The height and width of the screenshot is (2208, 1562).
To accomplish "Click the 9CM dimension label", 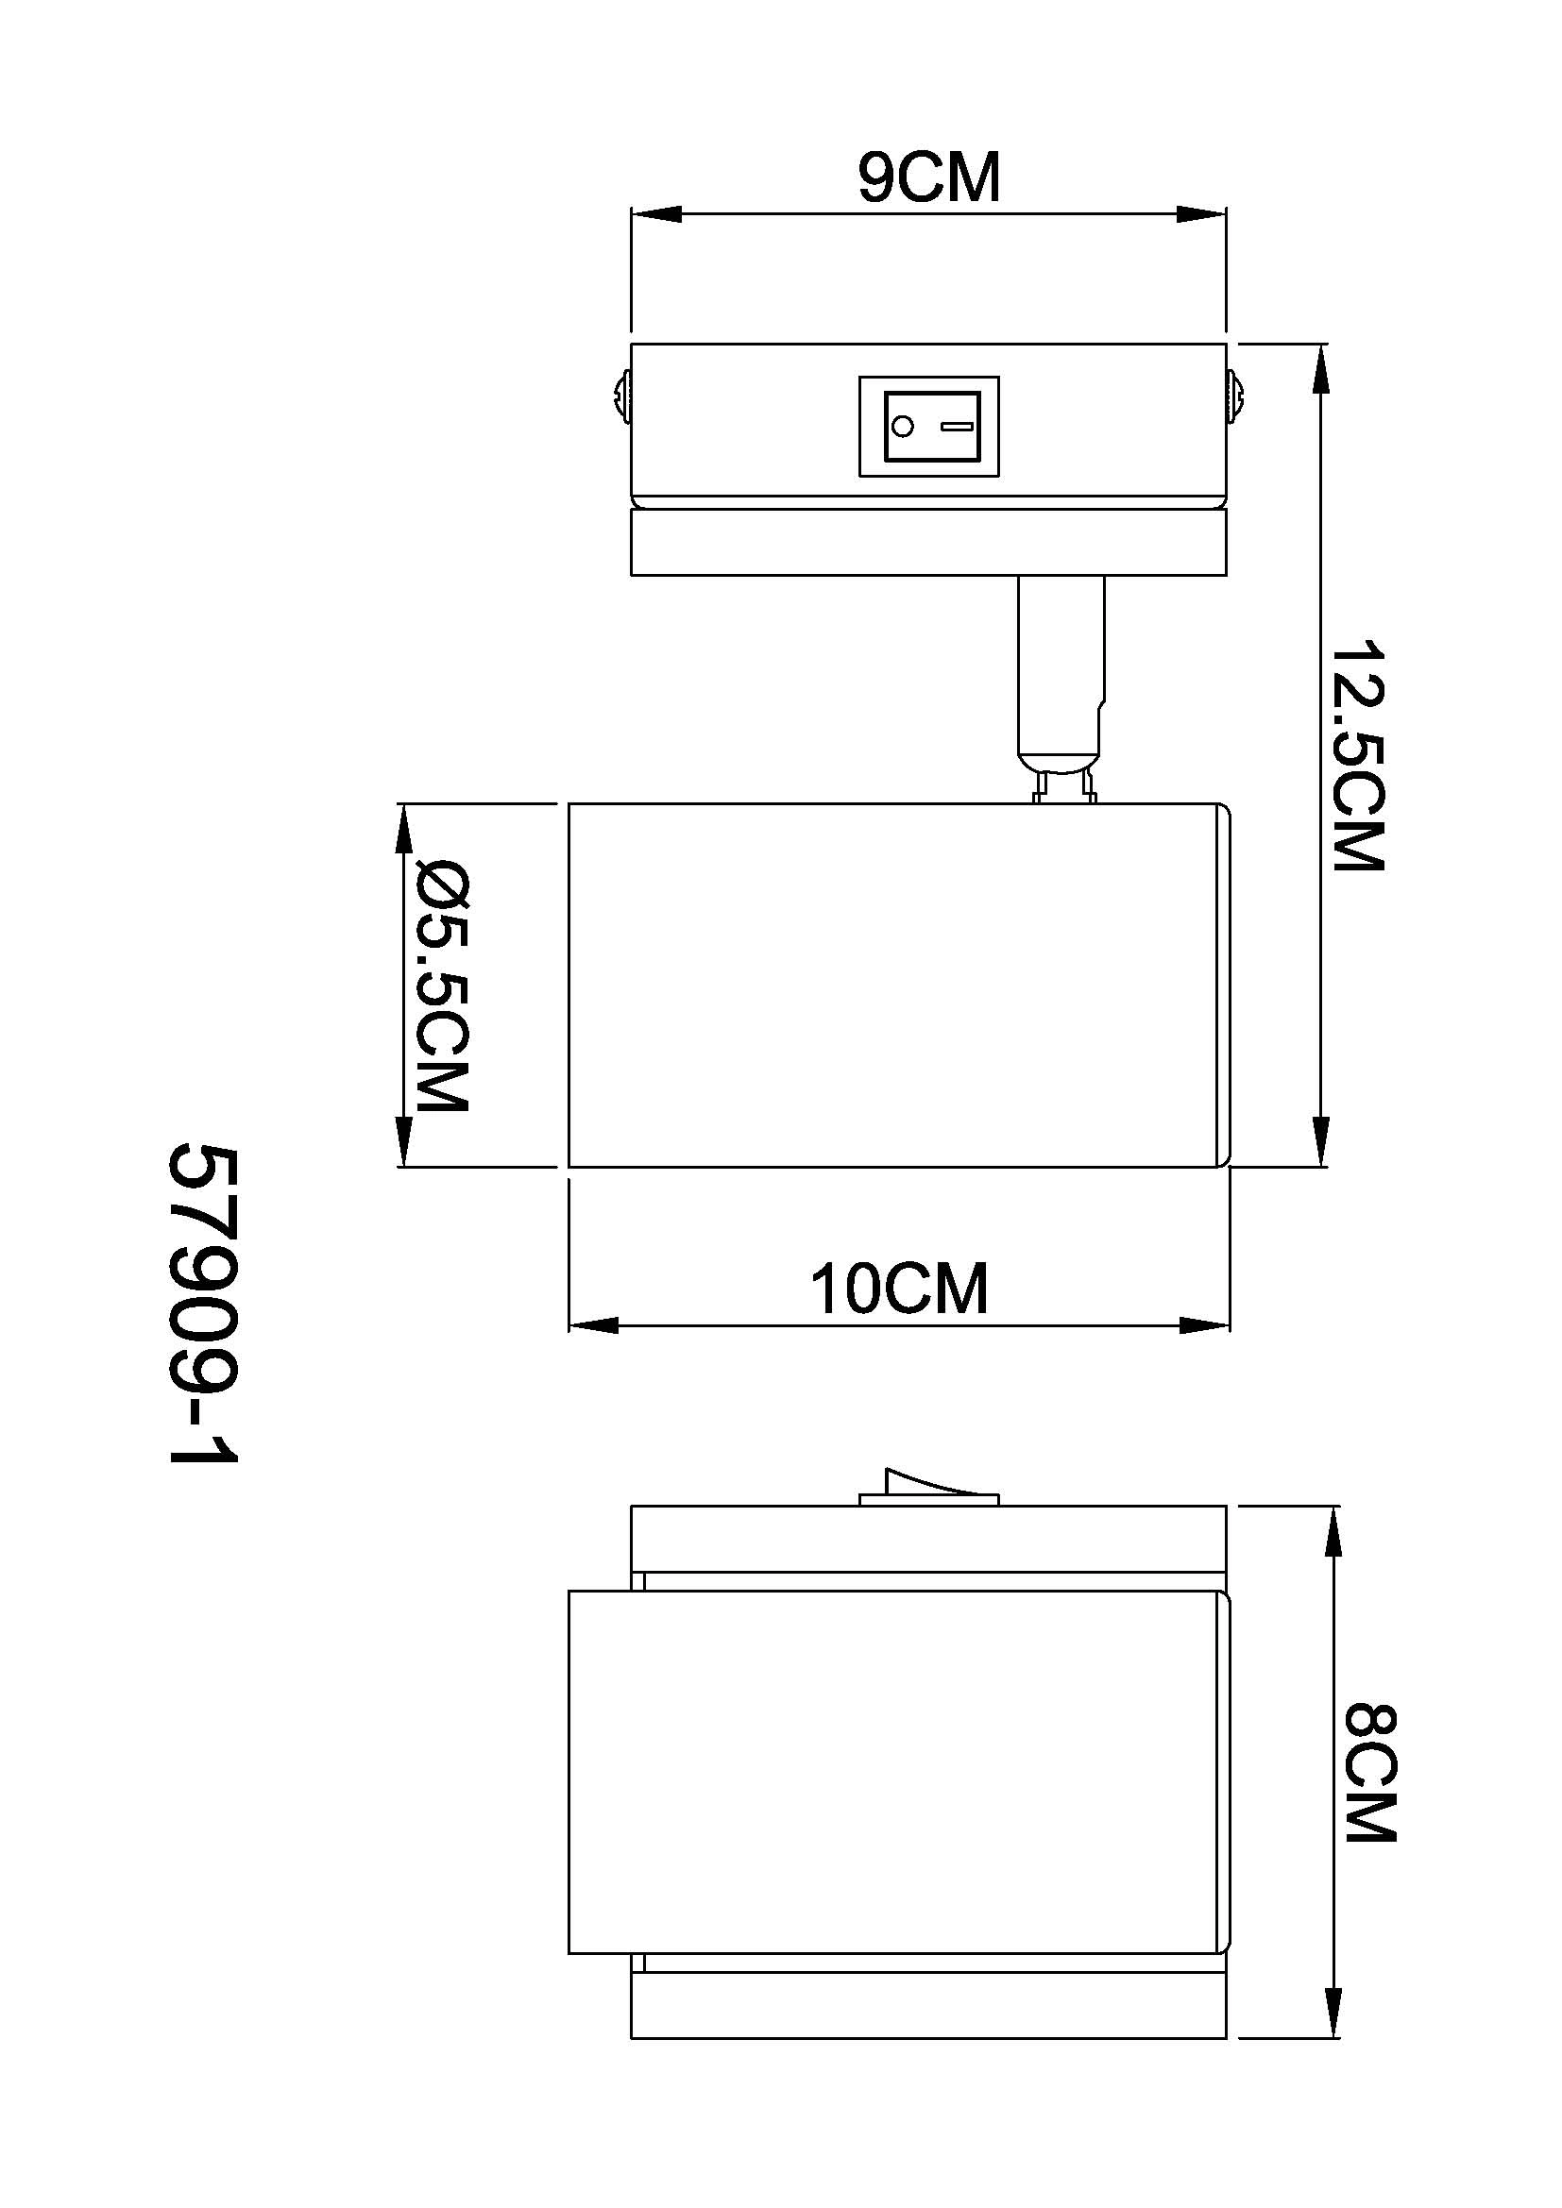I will pyautogui.click(x=929, y=177).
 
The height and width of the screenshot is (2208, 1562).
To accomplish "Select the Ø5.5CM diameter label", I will pyautogui.click(x=441, y=986).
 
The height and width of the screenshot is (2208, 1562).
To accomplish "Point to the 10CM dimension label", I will pyautogui.click(x=899, y=1289).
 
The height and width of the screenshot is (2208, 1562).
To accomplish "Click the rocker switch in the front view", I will pyautogui.click(x=929, y=426).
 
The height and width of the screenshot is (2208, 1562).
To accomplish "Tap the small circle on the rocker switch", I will pyautogui.click(x=902, y=426).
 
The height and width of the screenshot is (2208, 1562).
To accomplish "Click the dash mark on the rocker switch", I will pyautogui.click(x=957, y=426).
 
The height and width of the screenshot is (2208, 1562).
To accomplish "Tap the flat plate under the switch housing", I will pyautogui.click(x=929, y=543).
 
